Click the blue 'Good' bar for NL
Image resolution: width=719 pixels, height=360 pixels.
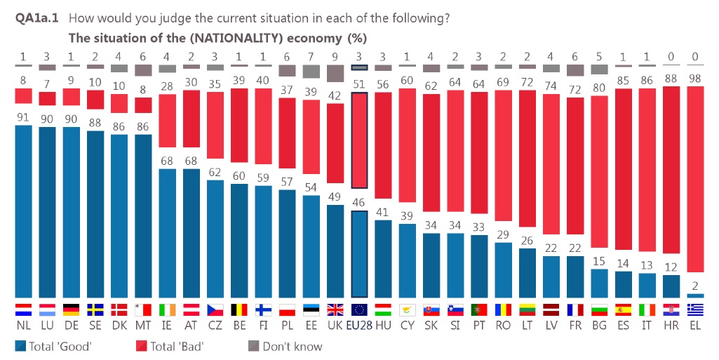(x=23, y=211)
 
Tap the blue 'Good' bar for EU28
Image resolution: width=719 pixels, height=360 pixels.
(x=359, y=253)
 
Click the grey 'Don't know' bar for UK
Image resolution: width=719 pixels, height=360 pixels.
(x=335, y=73)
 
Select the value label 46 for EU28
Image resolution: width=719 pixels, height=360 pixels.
(x=359, y=202)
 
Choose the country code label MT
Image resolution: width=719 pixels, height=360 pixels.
(x=143, y=326)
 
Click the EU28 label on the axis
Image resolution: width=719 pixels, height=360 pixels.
(x=359, y=326)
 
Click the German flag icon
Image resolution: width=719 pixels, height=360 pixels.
(x=71, y=309)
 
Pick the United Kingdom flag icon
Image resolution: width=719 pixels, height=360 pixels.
(x=335, y=309)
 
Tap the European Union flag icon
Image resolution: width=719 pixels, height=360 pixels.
(x=359, y=309)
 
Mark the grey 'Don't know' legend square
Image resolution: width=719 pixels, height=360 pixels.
(x=254, y=346)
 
